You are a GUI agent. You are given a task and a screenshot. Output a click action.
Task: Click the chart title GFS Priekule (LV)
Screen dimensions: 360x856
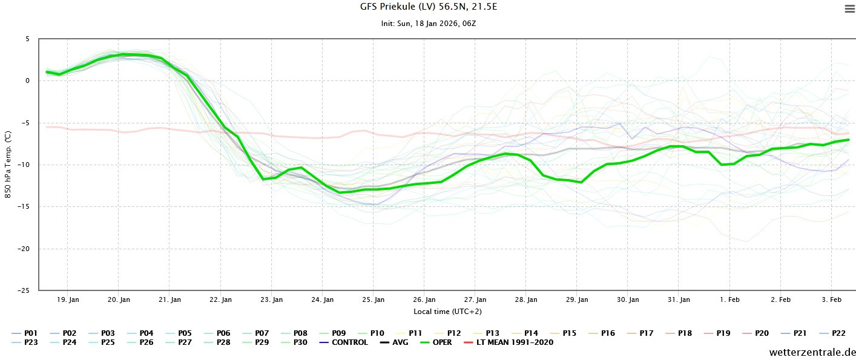tap(428, 7)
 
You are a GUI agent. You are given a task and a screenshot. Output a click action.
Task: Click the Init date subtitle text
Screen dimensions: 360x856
tap(428, 24)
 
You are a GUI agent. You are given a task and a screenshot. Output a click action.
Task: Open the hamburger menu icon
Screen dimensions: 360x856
tap(849, 8)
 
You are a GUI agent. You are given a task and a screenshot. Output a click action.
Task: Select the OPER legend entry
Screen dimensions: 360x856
tap(435, 342)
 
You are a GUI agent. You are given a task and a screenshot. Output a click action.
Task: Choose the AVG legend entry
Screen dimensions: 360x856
tap(394, 342)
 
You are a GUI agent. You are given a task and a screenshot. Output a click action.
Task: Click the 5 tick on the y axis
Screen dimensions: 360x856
tap(27, 39)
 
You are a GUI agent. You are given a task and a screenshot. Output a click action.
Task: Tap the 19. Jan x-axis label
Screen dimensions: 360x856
tap(68, 300)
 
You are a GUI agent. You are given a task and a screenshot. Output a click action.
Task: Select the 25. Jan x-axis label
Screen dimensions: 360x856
tap(374, 300)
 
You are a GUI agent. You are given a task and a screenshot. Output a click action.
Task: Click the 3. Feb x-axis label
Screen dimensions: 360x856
tap(831, 300)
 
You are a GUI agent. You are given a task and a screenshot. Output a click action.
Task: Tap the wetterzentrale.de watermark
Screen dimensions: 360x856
tap(812, 352)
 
